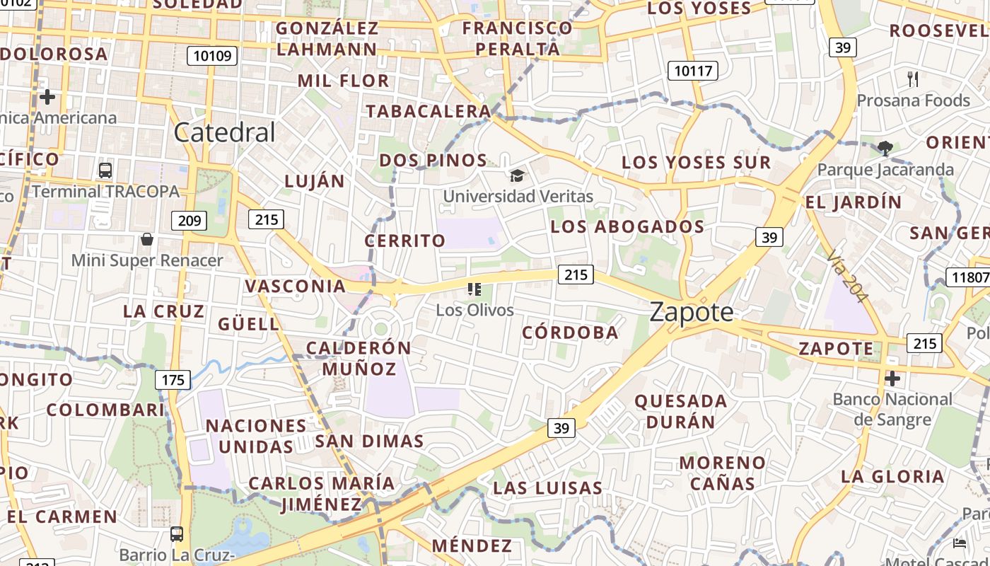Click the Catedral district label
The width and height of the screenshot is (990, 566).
[224, 132]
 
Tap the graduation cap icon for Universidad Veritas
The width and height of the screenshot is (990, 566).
[518, 175]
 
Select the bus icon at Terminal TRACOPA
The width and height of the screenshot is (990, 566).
[105, 170]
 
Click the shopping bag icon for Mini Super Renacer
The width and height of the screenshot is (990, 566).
[147, 239]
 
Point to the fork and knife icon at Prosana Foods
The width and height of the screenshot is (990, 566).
[913, 79]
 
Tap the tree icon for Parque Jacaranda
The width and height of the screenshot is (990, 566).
[884, 148]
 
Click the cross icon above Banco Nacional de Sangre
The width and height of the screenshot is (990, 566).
[892, 378]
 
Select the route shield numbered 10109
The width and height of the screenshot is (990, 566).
[212, 56]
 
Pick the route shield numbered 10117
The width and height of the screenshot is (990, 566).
[693, 71]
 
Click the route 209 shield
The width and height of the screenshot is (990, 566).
[190, 221]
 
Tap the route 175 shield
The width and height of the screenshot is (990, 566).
[173, 380]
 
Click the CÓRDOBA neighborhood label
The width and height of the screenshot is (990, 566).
[570, 333]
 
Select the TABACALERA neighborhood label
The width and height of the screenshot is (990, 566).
[428, 111]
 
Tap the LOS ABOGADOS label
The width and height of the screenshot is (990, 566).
[627, 226]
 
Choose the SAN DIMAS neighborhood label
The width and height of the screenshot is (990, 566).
[369, 441]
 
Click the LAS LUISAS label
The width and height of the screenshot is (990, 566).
[547, 487]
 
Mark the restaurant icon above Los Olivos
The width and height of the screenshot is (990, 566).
[474, 289]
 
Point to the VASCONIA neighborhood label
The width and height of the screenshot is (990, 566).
[295, 286]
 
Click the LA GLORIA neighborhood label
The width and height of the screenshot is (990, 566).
[892, 476]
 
